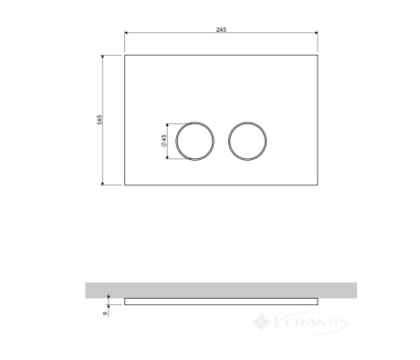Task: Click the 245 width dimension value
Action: tap(221, 29)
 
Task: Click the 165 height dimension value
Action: tap(100, 120)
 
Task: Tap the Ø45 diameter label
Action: tap(163, 140)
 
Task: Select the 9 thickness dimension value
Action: tap(106, 313)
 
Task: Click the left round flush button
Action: tap(175, 141)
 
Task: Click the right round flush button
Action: tap(228, 141)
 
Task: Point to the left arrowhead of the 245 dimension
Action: tap(126, 33)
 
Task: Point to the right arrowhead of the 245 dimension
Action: tap(316, 33)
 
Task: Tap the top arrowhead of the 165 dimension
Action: tap(102, 57)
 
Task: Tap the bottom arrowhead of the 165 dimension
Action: tap(102, 183)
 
